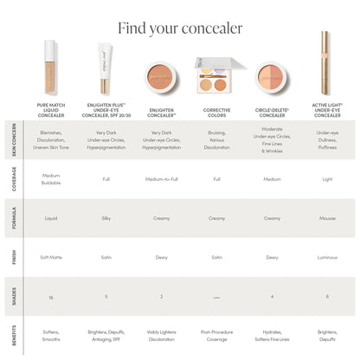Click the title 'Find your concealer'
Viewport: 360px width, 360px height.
pos(180,28)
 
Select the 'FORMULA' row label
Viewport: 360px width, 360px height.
pos(13,218)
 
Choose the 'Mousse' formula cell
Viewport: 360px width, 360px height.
pos(327,218)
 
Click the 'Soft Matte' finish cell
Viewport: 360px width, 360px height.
pos(51,257)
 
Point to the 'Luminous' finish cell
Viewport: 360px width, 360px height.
pos(327,257)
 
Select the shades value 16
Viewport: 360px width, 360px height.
pos(51,297)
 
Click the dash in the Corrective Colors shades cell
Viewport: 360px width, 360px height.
pos(216,297)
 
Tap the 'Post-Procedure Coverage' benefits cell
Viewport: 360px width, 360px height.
pos(216,335)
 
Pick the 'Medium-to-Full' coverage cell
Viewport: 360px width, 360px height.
pos(161,180)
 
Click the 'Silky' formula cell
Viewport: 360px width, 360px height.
pos(106,218)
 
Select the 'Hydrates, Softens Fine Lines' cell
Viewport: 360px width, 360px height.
pos(272,335)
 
